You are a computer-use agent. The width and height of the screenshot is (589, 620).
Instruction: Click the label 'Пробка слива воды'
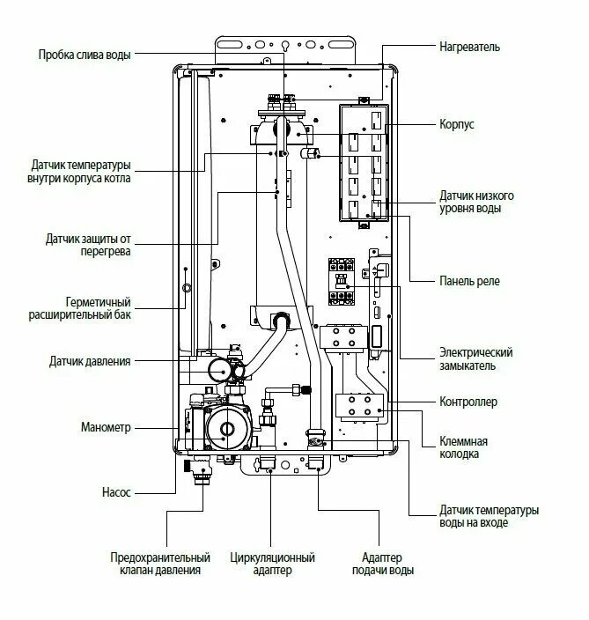pos(85,55)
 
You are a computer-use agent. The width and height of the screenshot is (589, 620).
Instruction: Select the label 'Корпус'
pos(457,125)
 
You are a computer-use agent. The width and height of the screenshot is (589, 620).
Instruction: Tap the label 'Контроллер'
pos(468,402)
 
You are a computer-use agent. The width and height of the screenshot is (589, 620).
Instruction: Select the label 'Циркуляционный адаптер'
pos(272,565)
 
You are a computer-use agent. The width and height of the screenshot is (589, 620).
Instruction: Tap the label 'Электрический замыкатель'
pos(476,359)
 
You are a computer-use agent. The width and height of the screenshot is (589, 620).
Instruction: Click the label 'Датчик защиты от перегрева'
pos(89,245)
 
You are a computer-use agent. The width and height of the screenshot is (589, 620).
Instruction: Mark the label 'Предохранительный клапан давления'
pos(160,565)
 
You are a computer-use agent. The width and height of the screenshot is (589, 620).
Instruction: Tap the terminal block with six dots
pos(358,403)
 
